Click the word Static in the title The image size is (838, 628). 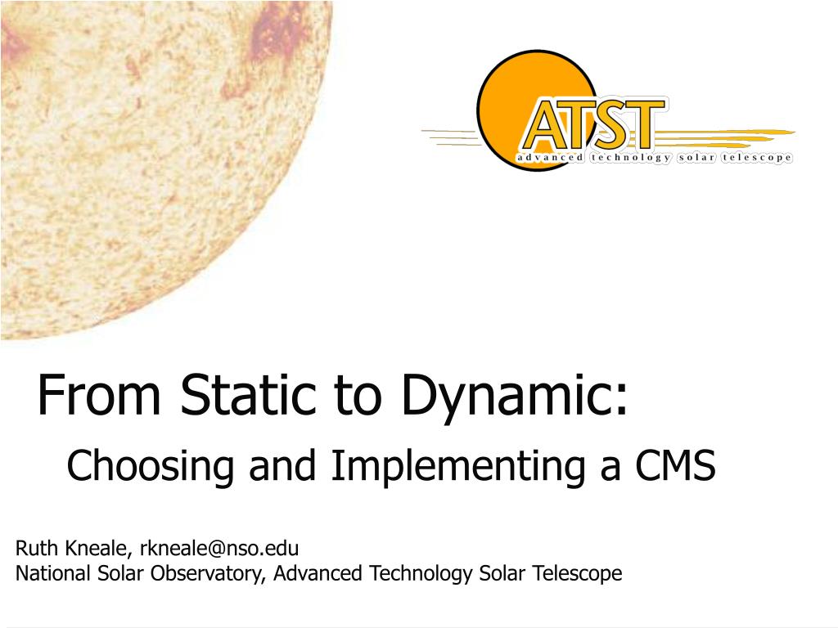pos(249,394)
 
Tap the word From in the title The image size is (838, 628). pos(99,394)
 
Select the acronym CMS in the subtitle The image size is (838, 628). pos(675,465)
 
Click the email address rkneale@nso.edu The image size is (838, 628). pos(219,548)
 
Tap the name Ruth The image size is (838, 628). pos(36,548)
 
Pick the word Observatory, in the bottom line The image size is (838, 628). pos(208,574)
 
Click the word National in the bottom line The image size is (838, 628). pos(53,573)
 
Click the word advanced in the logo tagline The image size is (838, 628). pos(549,158)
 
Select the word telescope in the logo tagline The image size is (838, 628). pos(756,158)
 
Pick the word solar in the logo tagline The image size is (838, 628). pos(696,158)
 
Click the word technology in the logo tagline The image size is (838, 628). pos(631,158)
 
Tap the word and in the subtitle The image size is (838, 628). pos(282,465)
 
